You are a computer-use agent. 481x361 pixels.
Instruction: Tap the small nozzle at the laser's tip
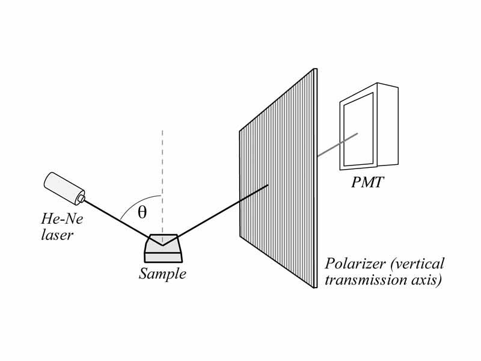pyautogui.click(x=81, y=197)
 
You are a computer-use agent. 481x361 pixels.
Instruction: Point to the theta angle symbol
pyautogui.click(x=142, y=212)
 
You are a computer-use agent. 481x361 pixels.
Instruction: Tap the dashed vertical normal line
pyautogui.click(x=162, y=168)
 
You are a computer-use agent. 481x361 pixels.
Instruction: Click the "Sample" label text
pyautogui.click(x=162, y=274)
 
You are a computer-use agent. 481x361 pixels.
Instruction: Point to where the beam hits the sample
pyautogui.click(x=162, y=244)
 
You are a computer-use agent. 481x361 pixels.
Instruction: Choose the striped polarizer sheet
pyautogui.click(x=278, y=180)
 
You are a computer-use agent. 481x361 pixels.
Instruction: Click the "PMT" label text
pyautogui.click(x=368, y=181)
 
